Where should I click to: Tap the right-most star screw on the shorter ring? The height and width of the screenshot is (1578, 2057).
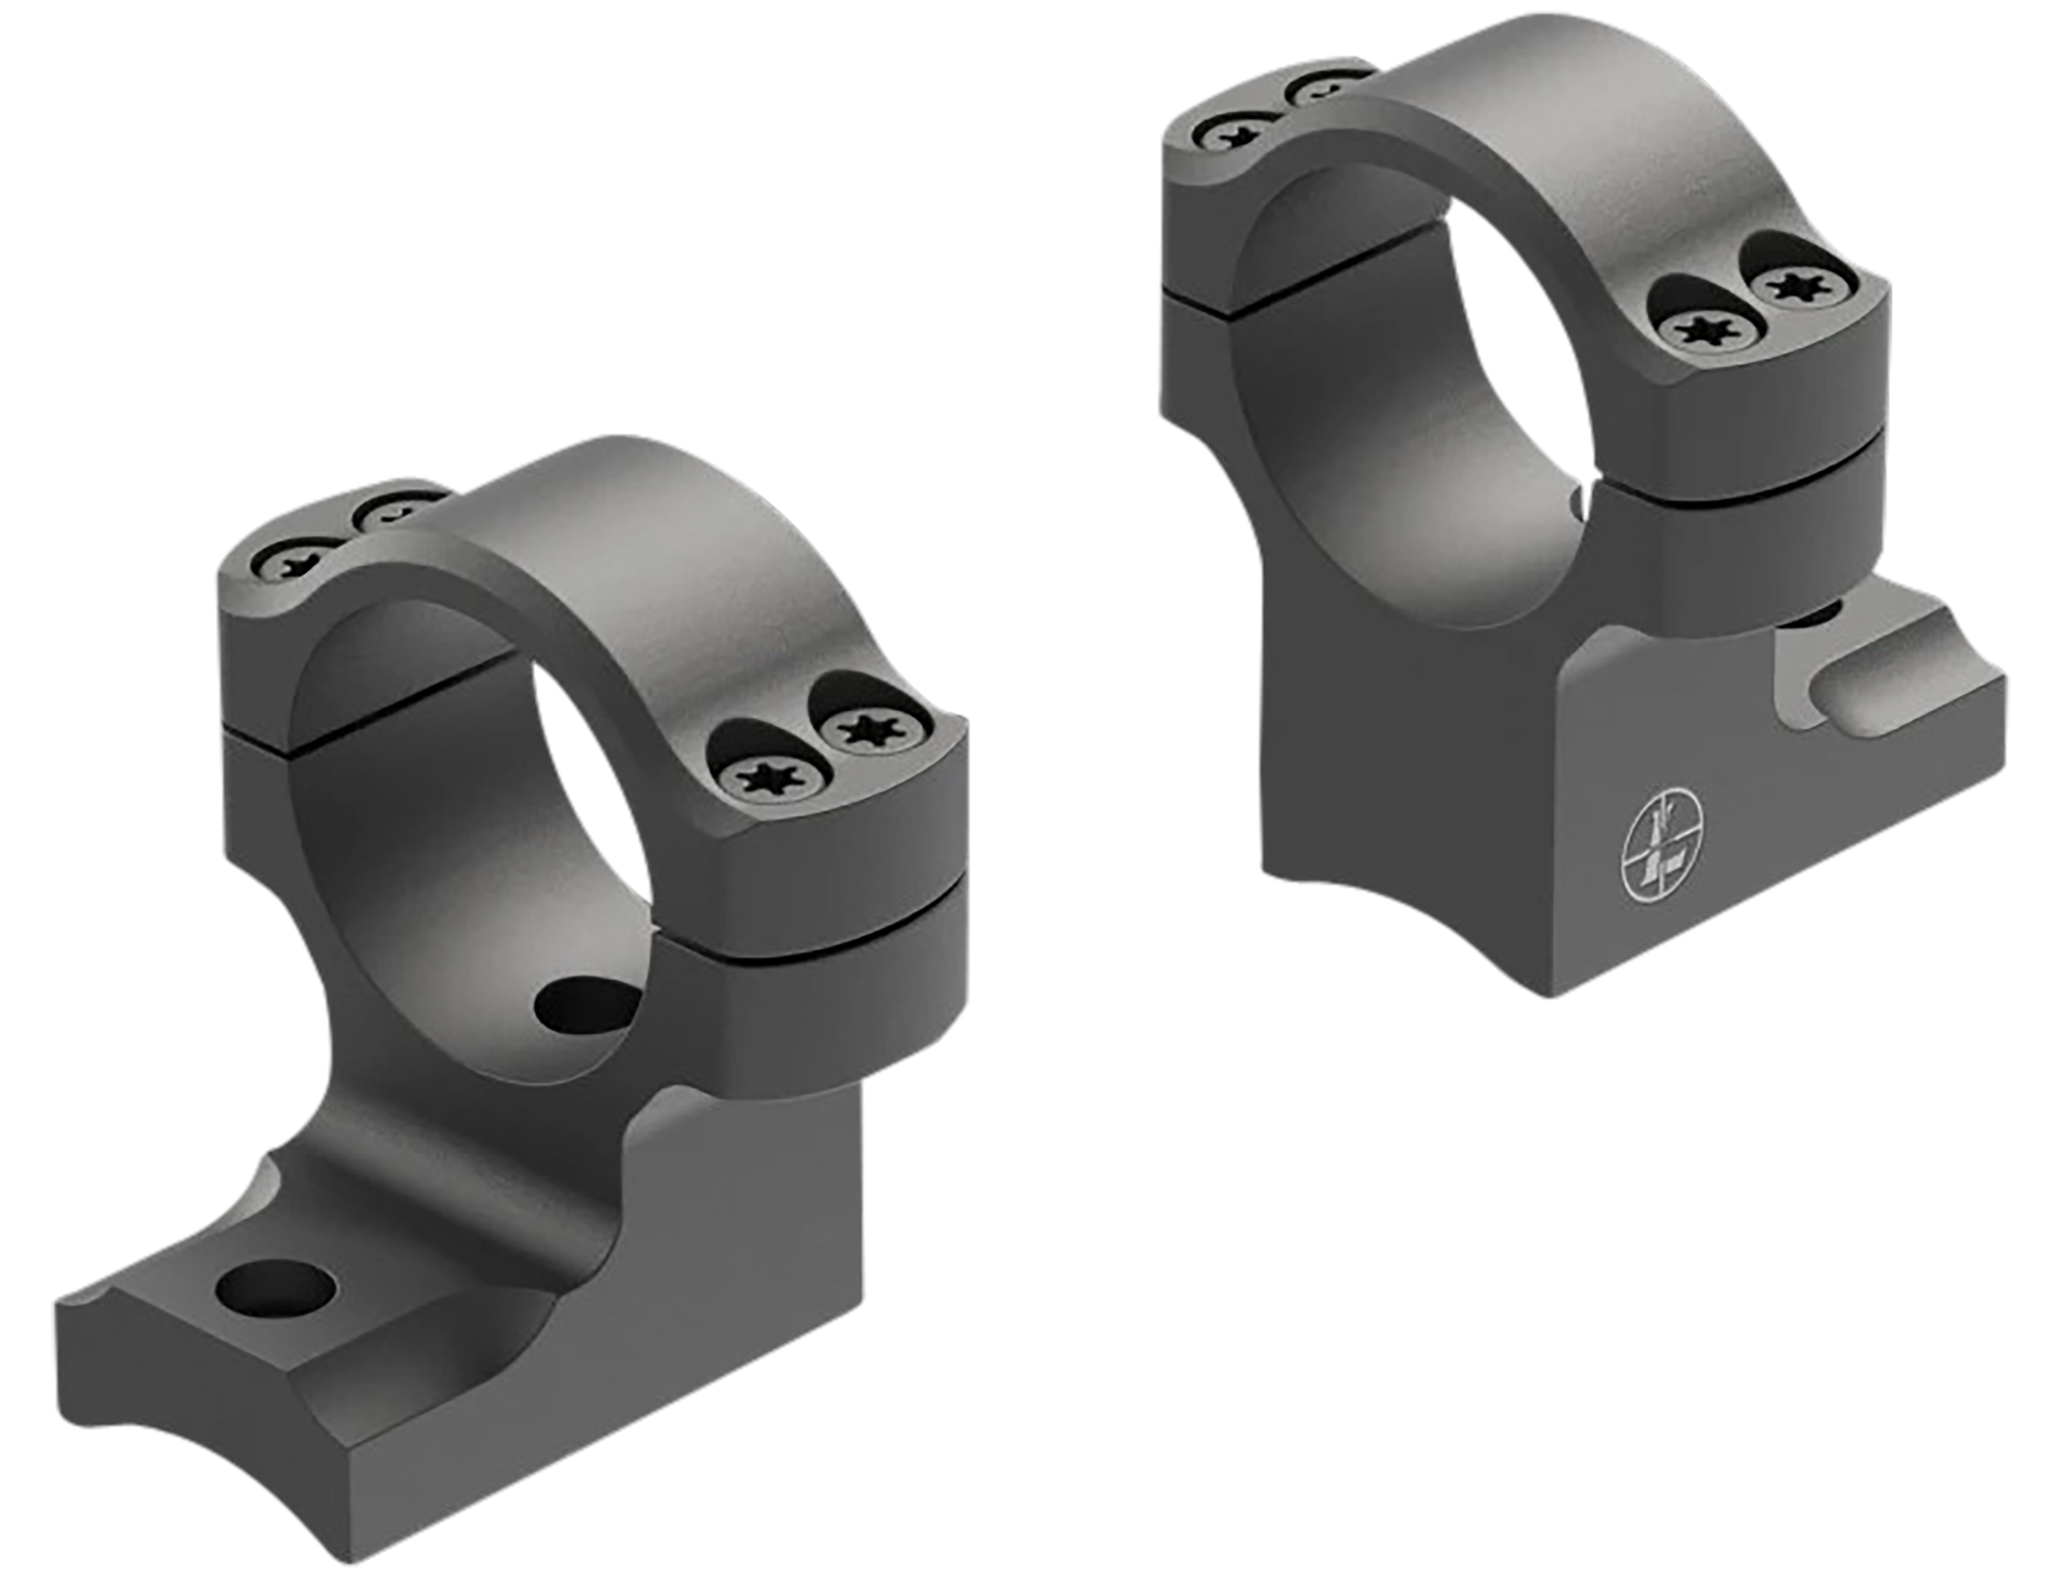(871, 731)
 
